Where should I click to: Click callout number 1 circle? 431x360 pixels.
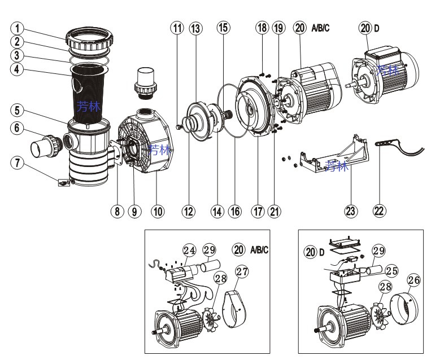point(18,27)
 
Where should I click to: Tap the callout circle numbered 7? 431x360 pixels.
point(18,163)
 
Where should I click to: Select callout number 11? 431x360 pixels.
point(179,28)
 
